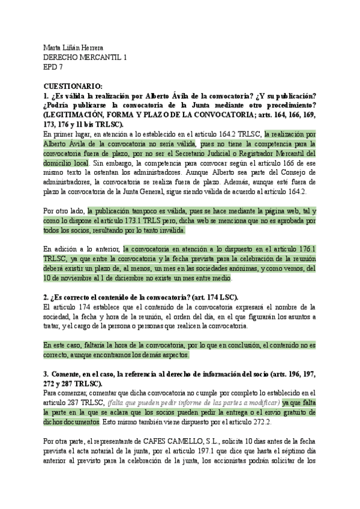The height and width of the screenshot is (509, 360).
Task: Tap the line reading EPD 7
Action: pos(54,68)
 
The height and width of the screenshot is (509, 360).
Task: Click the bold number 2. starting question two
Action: pos(46,298)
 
